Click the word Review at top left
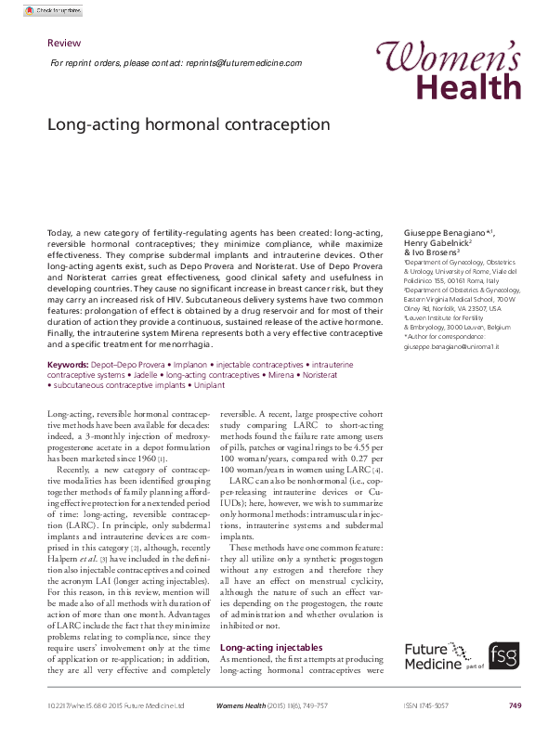point(63,44)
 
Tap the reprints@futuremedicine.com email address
point(243,63)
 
